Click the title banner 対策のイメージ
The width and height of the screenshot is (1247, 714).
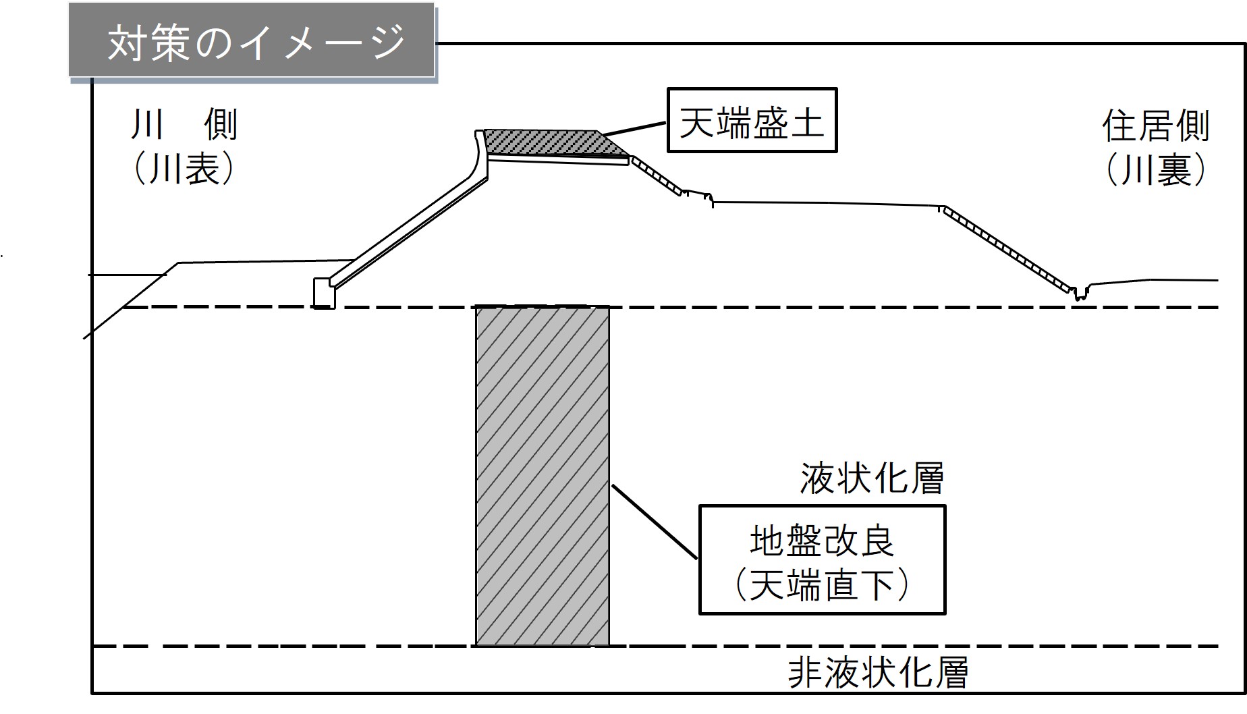tap(253, 42)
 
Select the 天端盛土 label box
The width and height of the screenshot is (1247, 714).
tap(752, 120)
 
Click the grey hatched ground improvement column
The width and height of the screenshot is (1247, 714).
tap(543, 476)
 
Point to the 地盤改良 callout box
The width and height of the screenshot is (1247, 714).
tap(822, 560)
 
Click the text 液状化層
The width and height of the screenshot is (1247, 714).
tap(872, 479)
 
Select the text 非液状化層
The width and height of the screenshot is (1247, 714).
tap(879, 672)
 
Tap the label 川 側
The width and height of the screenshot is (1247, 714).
tap(184, 126)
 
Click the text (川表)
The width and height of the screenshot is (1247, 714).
tap(184, 169)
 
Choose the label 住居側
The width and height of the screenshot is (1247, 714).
tap(1155, 126)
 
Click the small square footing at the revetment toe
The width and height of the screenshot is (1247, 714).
tap(324, 293)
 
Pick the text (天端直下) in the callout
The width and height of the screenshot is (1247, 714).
tap(822, 584)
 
